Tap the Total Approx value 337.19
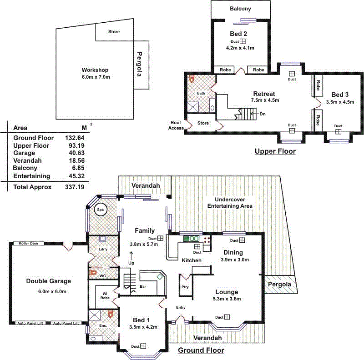pyautogui.click(x=74, y=187)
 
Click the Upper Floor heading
pyautogui.click(x=275, y=151)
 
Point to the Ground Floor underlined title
pyautogui.click(x=201, y=350)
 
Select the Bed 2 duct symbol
pyautogui.click(x=243, y=41)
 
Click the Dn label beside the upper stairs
pyautogui.click(x=263, y=114)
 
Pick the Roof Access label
pyautogui.click(x=176, y=125)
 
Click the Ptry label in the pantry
pyautogui.click(x=185, y=287)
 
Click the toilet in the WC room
pyautogui.click(x=94, y=273)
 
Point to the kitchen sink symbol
pyautogui.click(x=192, y=238)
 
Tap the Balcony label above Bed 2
pyautogui.click(x=240, y=9)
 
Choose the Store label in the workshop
pyautogui.click(x=114, y=32)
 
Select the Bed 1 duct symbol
pyautogui.click(x=144, y=346)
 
